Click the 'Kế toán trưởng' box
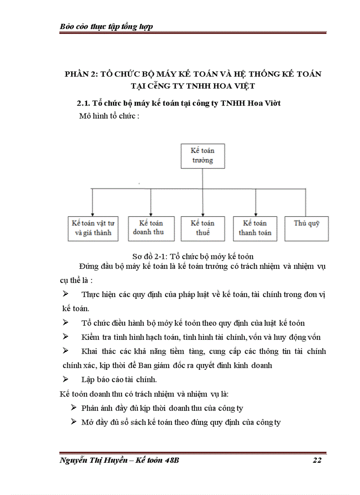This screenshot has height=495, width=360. (202, 156)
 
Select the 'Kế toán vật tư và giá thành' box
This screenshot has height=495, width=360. (93, 228)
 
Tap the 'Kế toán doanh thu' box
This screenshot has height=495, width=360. (151, 228)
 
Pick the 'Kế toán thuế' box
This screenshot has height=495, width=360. (203, 228)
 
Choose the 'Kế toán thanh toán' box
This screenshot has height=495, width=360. (255, 228)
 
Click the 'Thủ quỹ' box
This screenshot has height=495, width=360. (307, 228)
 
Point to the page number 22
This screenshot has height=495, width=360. (316, 461)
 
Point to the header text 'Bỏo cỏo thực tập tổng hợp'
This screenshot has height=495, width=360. (106, 26)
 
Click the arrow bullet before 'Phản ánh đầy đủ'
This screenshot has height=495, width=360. (74, 408)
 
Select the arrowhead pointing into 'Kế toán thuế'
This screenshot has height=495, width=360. (202, 214)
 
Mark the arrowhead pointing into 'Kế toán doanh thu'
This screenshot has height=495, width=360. (151, 214)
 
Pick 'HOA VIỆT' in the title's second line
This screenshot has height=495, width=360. (236, 86)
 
